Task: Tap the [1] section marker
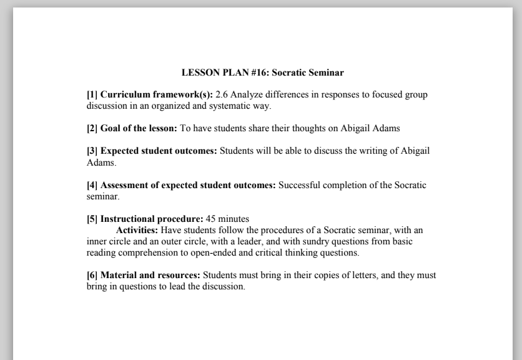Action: coord(92,95)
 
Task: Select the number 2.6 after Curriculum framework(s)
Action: coord(222,95)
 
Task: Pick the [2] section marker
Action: coord(92,128)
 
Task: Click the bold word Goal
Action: coord(111,128)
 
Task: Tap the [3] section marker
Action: coord(92,151)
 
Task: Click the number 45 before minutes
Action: coord(211,219)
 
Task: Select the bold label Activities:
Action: coord(137,230)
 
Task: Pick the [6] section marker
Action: coord(92,275)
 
